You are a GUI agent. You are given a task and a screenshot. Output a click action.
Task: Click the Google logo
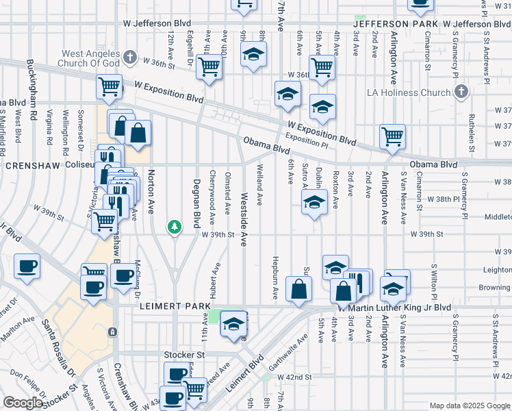pos(23,403)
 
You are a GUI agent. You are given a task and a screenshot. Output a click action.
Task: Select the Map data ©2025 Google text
pos(469,406)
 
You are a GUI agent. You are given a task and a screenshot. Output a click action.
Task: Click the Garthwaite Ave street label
pos(287,352)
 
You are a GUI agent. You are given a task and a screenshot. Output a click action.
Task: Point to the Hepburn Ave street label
pos(275,282)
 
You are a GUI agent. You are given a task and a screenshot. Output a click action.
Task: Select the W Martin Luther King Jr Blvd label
pos(385,308)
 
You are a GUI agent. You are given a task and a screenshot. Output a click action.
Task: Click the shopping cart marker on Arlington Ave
pos(392,136)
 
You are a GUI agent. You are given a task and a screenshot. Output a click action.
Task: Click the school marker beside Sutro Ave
pos(314,202)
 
